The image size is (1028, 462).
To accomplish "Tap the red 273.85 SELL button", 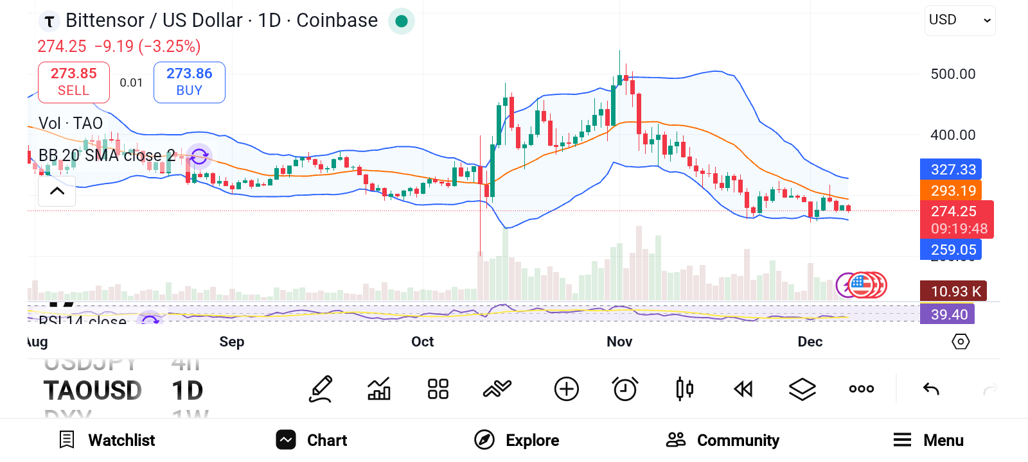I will pyautogui.click(x=74, y=82).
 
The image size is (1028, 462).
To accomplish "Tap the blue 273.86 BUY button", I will pyautogui.click(x=189, y=82).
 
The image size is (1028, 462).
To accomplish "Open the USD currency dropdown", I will pyautogui.click(x=959, y=21).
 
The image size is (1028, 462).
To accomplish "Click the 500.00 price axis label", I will pyautogui.click(x=953, y=74).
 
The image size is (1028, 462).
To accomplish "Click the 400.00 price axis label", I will pyautogui.click(x=953, y=135).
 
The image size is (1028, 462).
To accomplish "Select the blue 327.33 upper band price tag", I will pyautogui.click(x=952, y=169).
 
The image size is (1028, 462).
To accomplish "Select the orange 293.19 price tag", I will pyautogui.click(x=952, y=191).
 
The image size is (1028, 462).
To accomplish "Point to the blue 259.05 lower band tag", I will pyautogui.click(x=952, y=250).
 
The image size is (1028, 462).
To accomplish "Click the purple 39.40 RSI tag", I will pyautogui.click(x=948, y=314).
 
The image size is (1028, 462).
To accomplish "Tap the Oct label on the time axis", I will pyautogui.click(x=422, y=341).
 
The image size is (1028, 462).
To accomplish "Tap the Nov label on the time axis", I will pyautogui.click(x=619, y=341).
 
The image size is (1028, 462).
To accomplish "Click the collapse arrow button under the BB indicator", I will pyautogui.click(x=57, y=191).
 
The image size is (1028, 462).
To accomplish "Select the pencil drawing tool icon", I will pyautogui.click(x=321, y=389).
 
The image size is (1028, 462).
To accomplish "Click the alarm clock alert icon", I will pyautogui.click(x=625, y=389).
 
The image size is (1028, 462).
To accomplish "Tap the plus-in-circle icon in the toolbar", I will pyautogui.click(x=566, y=389).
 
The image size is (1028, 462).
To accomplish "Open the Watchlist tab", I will pyautogui.click(x=107, y=440).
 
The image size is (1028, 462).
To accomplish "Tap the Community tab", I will pyautogui.click(x=723, y=440).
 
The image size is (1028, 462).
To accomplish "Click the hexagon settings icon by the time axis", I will pyautogui.click(x=960, y=341).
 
